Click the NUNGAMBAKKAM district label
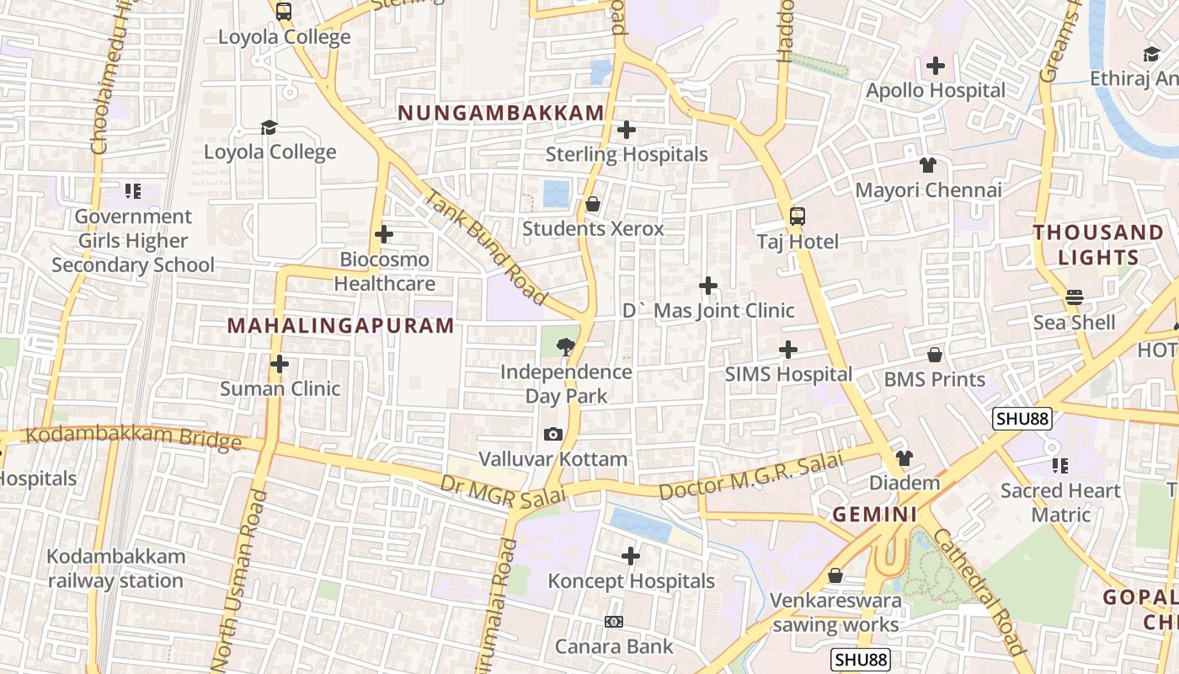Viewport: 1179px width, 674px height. click(501, 113)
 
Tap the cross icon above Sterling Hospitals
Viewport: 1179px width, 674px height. click(627, 131)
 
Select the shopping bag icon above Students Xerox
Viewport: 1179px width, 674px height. click(593, 204)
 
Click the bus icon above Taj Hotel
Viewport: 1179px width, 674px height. click(797, 217)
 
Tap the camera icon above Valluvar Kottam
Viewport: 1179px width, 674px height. click(553, 435)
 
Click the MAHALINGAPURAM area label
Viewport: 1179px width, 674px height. click(341, 325)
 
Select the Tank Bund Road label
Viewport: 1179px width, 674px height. click(487, 246)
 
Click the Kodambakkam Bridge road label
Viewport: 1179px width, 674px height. click(134, 437)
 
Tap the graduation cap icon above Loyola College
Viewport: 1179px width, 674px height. click(269, 127)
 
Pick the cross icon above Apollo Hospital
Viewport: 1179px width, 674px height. click(936, 66)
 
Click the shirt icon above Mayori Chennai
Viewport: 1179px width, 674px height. click(928, 165)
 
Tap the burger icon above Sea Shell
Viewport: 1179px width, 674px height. click(1074, 297)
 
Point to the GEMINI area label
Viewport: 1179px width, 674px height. click(875, 514)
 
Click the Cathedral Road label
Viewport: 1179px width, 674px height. click(979, 591)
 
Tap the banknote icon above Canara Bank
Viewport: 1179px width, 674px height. click(614, 622)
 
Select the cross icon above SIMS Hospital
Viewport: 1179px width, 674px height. click(788, 349)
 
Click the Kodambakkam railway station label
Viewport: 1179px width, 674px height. click(115, 569)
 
